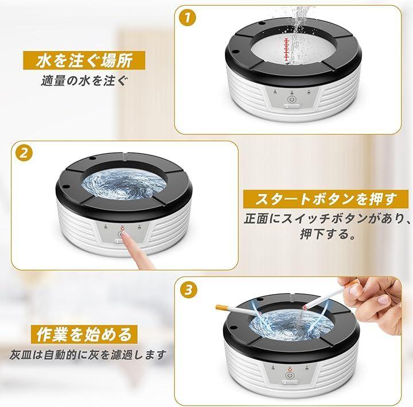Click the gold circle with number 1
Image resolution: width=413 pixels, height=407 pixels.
pyautogui.click(x=187, y=18)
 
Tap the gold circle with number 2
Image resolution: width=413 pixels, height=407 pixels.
pyautogui.click(x=24, y=153)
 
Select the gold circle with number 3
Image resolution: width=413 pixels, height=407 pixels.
pyautogui.click(x=189, y=290)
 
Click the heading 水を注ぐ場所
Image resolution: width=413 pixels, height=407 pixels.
pyautogui.click(x=84, y=61)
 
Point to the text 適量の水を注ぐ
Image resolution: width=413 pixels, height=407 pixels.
pyautogui.click(x=84, y=80)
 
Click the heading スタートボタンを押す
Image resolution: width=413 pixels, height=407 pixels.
pyautogui.click(x=326, y=199)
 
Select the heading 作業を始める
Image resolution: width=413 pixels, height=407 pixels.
pyautogui.click(x=84, y=334)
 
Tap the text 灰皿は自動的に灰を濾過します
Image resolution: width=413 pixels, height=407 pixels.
pyautogui.click(x=88, y=355)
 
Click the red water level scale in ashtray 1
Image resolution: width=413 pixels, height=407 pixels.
pyautogui.click(x=286, y=51)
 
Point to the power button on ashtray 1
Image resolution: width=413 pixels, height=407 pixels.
pyautogui.click(x=291, y=100)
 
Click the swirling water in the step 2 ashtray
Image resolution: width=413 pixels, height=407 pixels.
pyautogui.click(x=124, y=184)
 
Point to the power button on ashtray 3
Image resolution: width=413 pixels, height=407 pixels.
pyautogui.click(x=289, y=375)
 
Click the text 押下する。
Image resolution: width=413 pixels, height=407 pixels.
pyautogui.click(x=328, y=234)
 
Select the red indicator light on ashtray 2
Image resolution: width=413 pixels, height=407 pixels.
pyautogui.click(x=122, y=227)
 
